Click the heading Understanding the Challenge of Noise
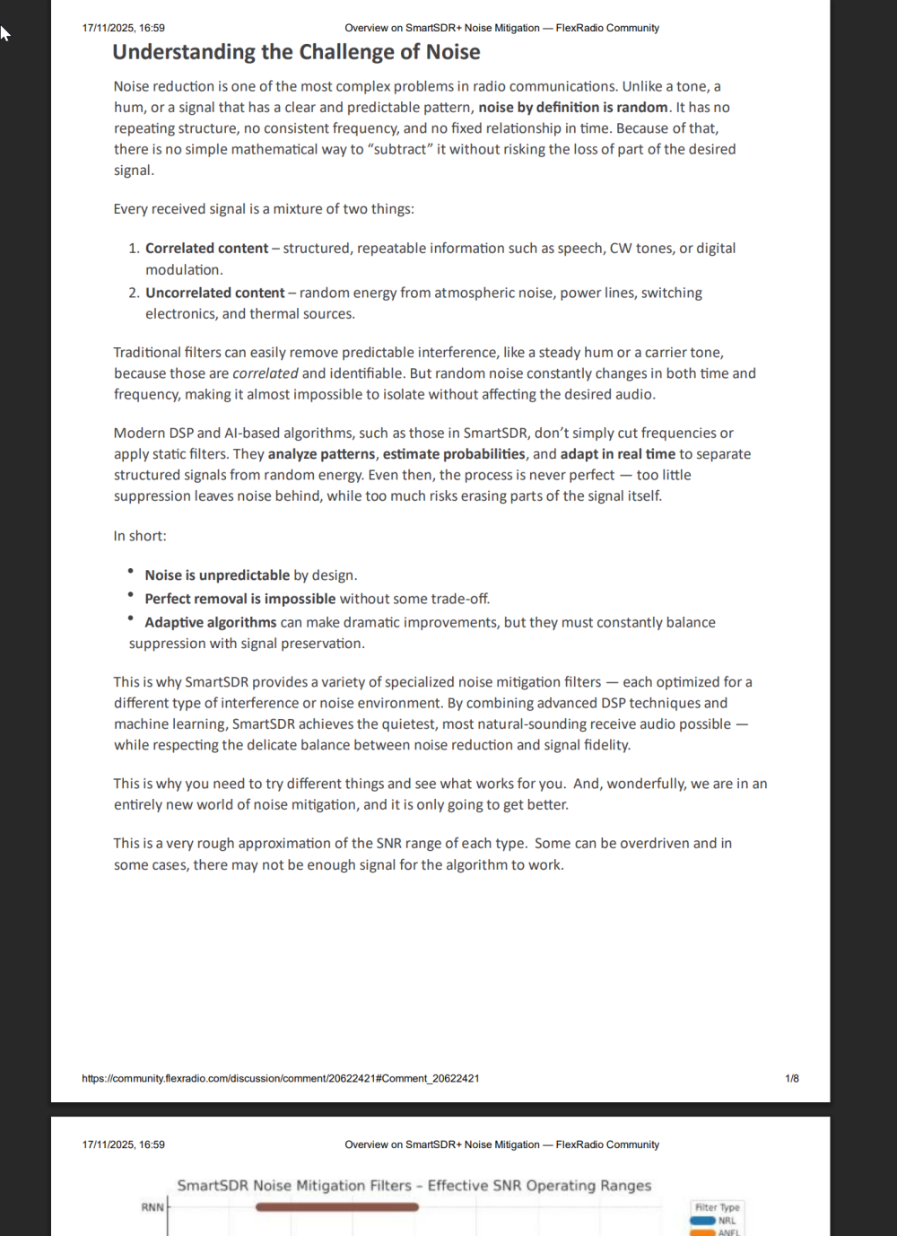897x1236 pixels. point(296,52)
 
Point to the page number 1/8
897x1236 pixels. point(791,1078)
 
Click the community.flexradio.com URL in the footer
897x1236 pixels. point(280,1078)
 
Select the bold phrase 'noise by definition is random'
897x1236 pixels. point(572,108)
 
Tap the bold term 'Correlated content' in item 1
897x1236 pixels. point(206,249)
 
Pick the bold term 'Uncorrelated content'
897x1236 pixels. point(214,293)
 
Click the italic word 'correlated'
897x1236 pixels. point(265,373)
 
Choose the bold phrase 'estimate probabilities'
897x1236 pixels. point(454,454)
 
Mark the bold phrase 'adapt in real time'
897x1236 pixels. point(617,454)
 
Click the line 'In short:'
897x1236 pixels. point(140,536)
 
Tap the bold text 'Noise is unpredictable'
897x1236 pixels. point(217,575)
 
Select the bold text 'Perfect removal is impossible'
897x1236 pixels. point(239,599)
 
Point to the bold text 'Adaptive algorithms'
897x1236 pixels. point(210,622)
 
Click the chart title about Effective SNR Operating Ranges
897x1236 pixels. point(414,1186)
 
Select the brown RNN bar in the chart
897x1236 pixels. point(336,1207)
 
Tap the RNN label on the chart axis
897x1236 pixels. point(152,1207)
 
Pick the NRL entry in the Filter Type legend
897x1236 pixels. point(727,1221)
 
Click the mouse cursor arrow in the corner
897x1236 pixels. point(4,33)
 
